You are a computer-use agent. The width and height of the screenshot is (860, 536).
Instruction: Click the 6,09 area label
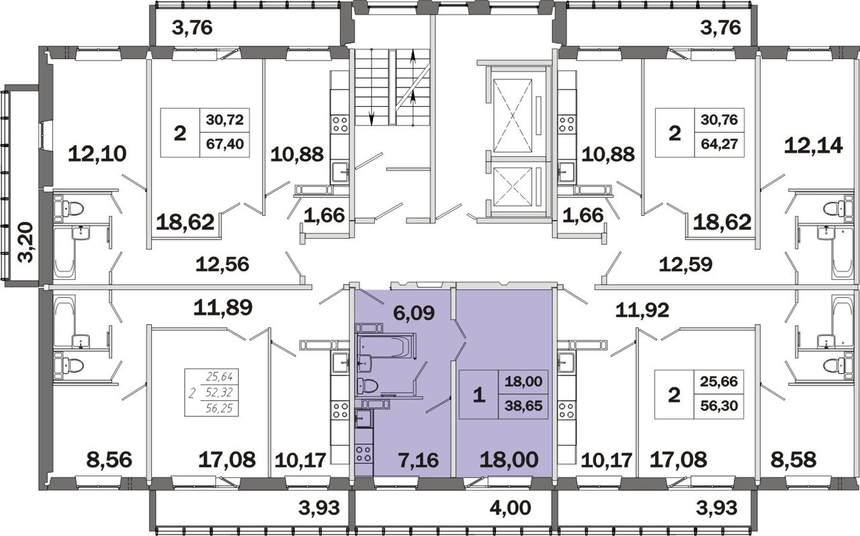(414, 313)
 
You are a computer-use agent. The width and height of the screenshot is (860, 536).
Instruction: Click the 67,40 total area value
(225, 144)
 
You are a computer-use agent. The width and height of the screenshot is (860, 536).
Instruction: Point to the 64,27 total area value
(719, 144)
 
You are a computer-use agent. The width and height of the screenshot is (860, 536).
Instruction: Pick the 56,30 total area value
(719, 406)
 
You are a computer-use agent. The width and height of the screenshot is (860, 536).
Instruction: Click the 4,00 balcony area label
(510, 508)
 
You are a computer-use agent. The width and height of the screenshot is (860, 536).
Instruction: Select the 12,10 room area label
(97, 154)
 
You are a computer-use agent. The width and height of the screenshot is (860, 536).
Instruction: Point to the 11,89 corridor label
(222, 307)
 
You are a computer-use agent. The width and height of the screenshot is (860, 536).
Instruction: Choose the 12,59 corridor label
(686, 264)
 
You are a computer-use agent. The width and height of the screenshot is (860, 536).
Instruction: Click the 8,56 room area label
(110, 460)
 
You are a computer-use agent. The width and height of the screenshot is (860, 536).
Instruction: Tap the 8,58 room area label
(794, 460)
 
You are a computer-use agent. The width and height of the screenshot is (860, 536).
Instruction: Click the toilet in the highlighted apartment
(368, 386)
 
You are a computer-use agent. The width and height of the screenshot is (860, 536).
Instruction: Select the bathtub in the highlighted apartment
(386, 346)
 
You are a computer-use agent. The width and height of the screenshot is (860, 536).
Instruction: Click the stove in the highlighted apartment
(363, 453)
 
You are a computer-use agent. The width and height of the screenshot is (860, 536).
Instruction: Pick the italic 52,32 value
(219, 392)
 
